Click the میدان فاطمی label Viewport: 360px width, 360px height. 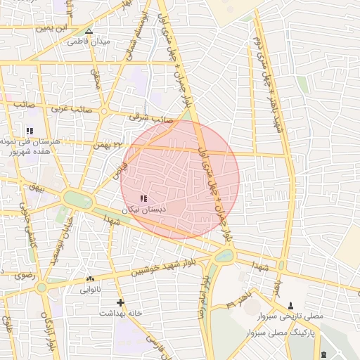[x=89, y=41]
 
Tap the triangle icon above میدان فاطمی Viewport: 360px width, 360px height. [x=89, y=31]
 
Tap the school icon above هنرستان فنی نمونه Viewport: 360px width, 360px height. [x=30, y=131]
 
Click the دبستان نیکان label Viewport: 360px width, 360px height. [x=144, y=210]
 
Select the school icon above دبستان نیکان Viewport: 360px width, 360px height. [x=144, y=199]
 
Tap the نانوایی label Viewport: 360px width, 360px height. [x=90, y=289]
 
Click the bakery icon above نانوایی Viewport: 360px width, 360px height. [x=90, y=279]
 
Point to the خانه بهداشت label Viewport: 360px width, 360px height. [x=120, y=313]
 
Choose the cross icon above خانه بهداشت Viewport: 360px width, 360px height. [x=121, y=303]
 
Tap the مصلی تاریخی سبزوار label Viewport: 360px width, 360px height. [x=292, y=316]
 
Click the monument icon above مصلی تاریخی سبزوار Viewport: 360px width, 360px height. [x=292, y=306]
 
